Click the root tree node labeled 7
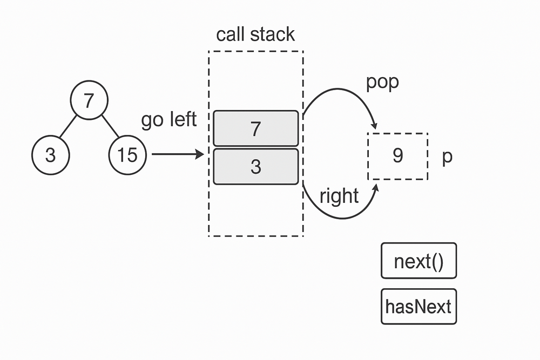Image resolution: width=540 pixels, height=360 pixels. point(89,101)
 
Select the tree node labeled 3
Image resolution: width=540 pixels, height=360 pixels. point(50,155)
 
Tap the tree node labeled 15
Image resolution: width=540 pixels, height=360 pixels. point(127,155)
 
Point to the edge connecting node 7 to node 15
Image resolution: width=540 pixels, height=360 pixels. point(110,128)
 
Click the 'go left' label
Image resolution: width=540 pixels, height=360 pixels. point(169,120)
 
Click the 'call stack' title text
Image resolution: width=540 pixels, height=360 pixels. point(255,35)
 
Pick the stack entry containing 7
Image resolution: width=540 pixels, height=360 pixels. point(255,128)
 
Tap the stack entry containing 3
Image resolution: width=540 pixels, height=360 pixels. point(255,167)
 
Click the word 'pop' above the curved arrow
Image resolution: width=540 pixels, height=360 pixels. point(382,83)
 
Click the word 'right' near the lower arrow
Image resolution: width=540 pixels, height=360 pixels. point(339,196)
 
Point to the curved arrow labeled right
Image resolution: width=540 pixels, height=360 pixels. point(346,215)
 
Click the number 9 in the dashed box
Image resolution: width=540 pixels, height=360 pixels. point(397,156)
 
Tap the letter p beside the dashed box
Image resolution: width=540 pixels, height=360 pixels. point(447,157)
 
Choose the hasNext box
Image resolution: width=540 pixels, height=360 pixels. point(418,307)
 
